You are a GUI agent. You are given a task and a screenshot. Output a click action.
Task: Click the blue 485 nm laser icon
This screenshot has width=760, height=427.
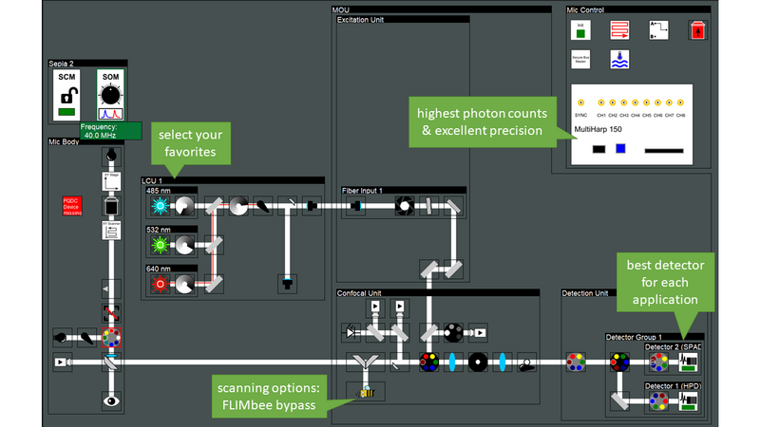(x=158, y=205)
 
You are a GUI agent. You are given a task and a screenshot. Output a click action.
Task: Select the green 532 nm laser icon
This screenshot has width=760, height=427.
(x=158, y=245)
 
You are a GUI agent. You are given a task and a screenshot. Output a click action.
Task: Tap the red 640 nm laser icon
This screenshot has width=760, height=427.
(x=158, y=283)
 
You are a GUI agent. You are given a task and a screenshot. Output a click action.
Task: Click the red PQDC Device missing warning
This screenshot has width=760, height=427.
(x=72, y=207)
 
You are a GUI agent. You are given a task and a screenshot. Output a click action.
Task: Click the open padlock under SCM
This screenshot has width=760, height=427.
(x=66, y=96)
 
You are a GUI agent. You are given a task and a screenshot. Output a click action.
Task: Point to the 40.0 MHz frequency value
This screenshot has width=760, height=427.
(x=110, y=135)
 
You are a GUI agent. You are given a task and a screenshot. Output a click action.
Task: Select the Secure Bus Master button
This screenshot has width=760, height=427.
(x=579, y=59)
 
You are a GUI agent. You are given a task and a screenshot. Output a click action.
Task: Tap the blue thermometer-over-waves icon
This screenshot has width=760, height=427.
(x=619, y=59)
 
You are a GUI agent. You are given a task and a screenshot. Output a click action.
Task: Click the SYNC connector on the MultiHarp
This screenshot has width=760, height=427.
(x=580, y=102)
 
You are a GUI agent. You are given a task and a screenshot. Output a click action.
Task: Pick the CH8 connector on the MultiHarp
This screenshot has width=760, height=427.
(x=680, y=102)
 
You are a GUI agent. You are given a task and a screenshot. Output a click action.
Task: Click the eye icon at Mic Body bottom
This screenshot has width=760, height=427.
(x=112, y=400)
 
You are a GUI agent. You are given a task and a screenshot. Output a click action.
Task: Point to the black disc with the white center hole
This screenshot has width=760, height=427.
(x=477, y=362)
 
